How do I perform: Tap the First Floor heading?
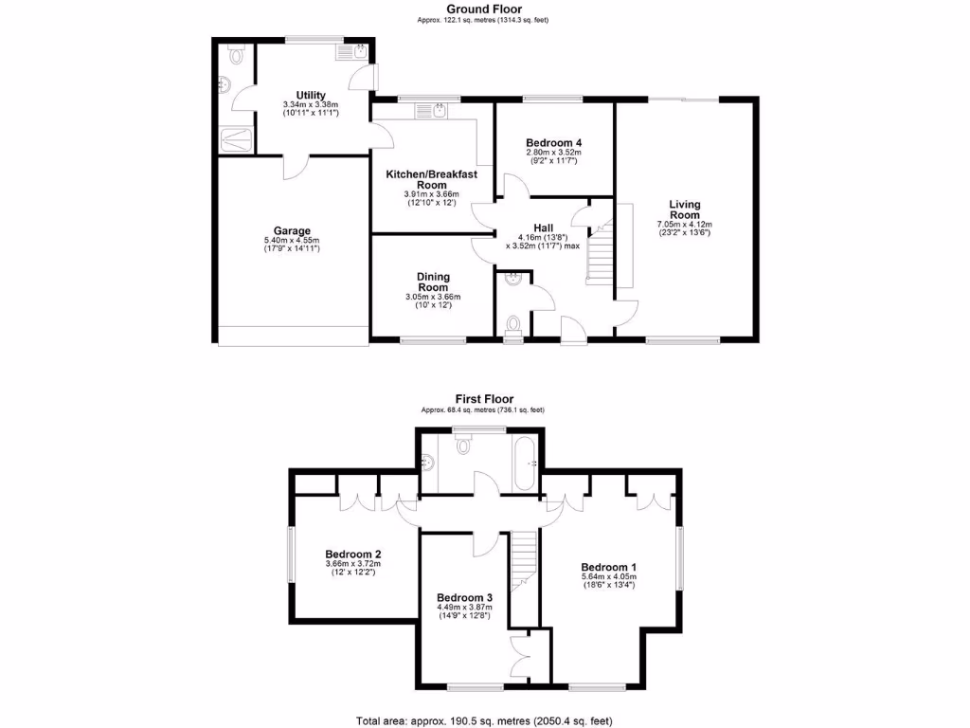pos(482,399)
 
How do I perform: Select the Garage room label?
pos(292,230)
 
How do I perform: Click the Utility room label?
pos(311,95)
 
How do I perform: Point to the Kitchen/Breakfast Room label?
pos(431,180)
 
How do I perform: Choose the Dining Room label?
pos(433,282)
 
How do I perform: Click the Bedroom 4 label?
pos(553,142)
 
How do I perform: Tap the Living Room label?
pos(684,209)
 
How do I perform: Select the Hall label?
pos(543,227)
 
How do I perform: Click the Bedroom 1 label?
pos(608,566)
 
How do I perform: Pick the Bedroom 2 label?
pos(353,555)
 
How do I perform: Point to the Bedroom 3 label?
pos(464,597)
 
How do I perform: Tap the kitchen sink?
pos(439,112)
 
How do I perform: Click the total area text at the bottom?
pos(484,720)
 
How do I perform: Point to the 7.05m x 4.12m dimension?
pos(684,225)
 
